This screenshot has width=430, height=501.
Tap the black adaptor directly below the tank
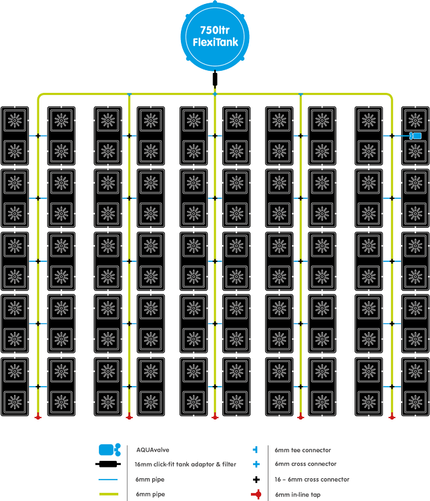pyautogui.click(x=214, y=80)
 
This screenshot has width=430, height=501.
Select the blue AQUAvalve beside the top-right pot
pyautogui.click(x=415, y=136)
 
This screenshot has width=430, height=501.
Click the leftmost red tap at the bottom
pyautogui.click(x=38, y=417)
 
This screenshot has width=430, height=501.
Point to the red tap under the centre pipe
pyautogui.click(x=214, y=417)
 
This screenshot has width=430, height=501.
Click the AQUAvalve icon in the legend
pyautogui.click(x=109, y=450)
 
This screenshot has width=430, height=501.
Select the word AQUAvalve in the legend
pyautogui.click(x=152, y=450)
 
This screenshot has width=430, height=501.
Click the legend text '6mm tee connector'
pyautogui.click(x=302, y=450)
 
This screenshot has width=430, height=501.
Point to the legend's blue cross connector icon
pyautogui.click(x=256, y=464)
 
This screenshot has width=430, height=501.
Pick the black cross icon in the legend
pyautogui.click(x=256, y=479)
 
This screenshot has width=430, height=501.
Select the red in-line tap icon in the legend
pyautogui.click(x=256, y=494)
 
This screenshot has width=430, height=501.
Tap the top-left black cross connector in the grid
pyautogui.click(x=38, y=136)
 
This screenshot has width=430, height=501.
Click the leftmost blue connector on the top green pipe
pyautogui.click(x=129, y=95)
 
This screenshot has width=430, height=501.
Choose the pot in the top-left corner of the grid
pyautogui.click(x=14, y=121)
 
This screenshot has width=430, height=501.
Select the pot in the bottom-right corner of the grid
pyautogui.click(x=415, y=401)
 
